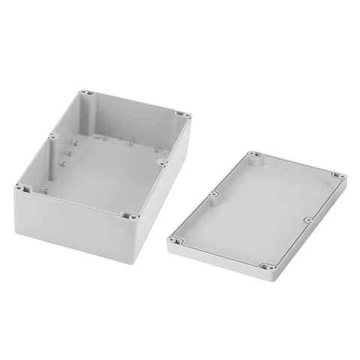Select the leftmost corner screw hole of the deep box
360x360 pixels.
click(x=22, y=187)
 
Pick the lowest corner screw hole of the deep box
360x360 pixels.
click(x=130, y=215)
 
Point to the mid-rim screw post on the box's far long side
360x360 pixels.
click(x=52, y=137)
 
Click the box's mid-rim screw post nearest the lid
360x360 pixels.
click(x=161, y=159)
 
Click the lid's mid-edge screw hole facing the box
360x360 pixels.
click(x=214, y=196)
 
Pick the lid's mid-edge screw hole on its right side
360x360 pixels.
click(x=307, y=220)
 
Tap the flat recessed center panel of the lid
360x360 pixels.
click(x=259, y=210)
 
